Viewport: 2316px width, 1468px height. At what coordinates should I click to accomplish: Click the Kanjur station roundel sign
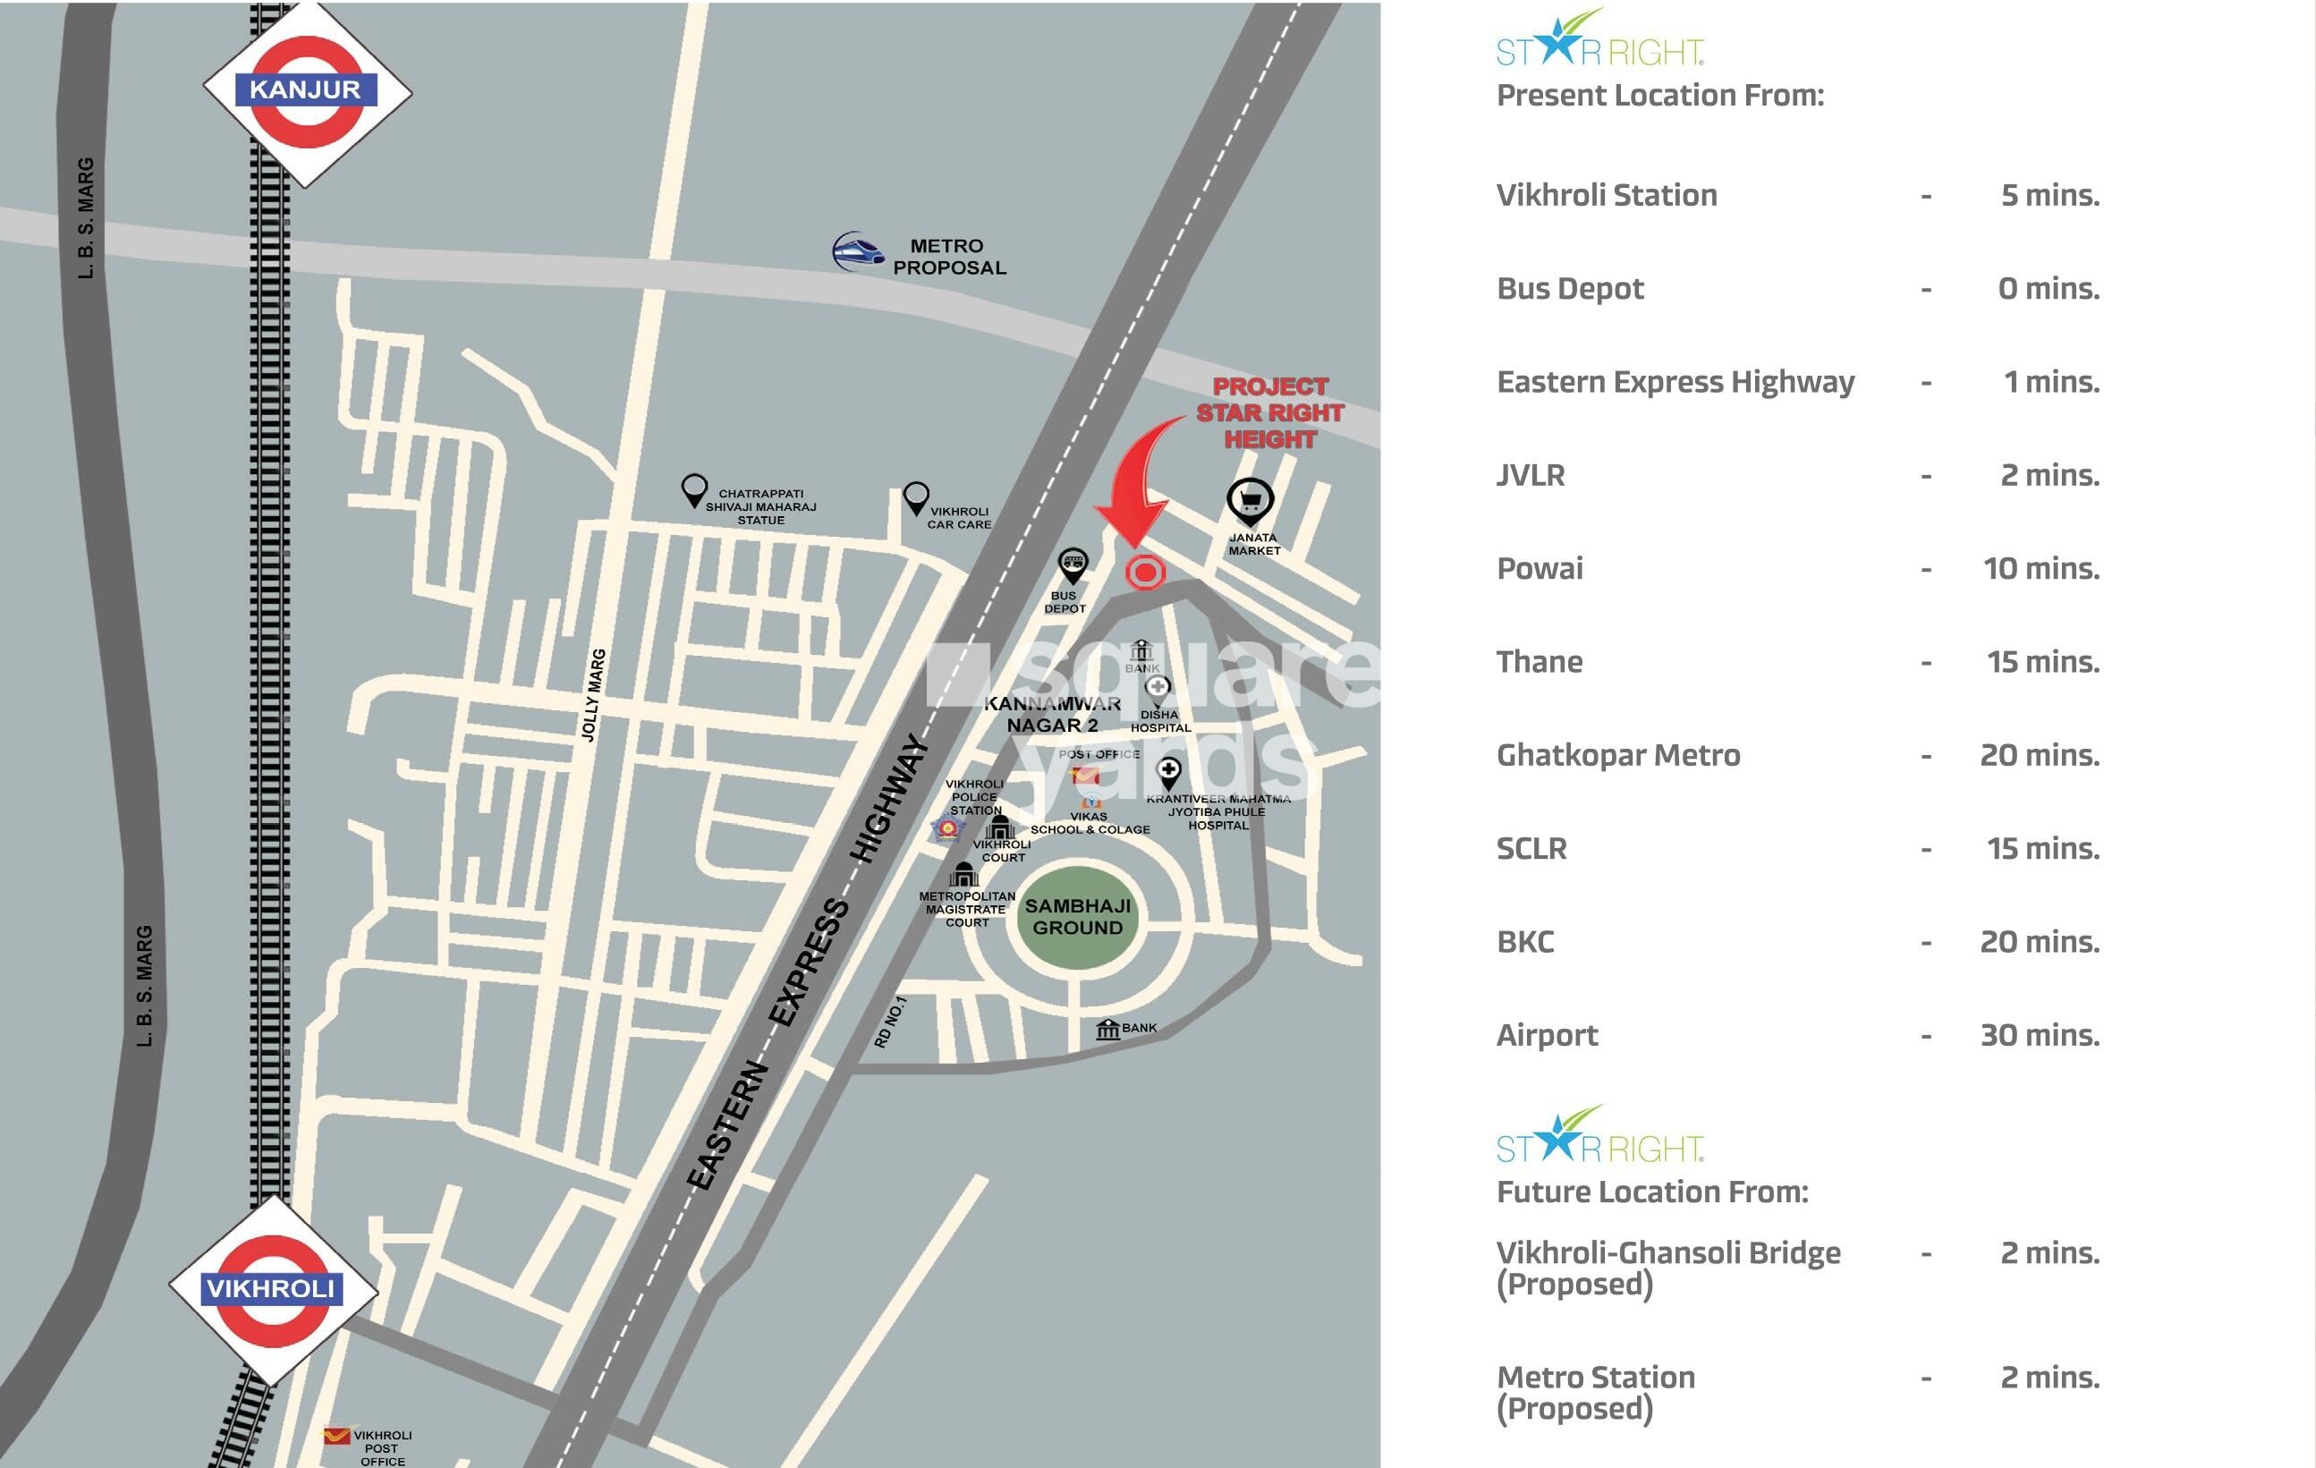tap(307, 91)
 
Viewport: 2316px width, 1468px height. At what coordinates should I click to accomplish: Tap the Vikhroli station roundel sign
tap(272, 1289)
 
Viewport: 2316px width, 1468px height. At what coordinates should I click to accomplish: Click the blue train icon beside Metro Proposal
tap(857, 251)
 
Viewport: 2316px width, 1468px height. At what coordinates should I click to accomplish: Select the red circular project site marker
tap(1144, 573)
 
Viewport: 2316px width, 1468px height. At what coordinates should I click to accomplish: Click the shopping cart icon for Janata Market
tap(1250, 501)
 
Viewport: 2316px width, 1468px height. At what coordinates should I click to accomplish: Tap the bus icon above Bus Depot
tap(1073, 564)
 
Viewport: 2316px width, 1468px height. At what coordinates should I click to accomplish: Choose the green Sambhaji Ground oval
tap(1077, 918)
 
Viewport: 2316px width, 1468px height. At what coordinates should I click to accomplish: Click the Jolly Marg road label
tap(593, 694)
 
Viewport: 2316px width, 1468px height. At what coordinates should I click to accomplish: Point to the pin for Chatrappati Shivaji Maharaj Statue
tap(693, 489)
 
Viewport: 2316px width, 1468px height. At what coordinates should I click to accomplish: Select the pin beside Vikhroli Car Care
tap(916, 497)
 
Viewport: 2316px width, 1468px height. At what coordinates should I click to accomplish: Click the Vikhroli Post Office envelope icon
tap(335, 1438)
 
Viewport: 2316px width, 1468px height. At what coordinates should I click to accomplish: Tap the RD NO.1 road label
tap(890, 1022)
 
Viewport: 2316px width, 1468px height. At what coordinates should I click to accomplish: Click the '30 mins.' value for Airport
tap(2039, 1035)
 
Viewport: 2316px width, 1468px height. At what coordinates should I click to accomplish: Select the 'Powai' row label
tap(1539, 569)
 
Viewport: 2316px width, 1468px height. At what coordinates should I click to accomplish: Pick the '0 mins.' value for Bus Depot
tap(2048, 289)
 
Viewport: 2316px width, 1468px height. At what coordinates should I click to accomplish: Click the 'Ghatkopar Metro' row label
tap(1617, 755)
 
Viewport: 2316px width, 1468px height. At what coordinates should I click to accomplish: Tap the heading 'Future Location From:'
tap(1651, 1192)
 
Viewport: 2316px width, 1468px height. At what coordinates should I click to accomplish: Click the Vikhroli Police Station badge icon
tap(947, 829)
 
